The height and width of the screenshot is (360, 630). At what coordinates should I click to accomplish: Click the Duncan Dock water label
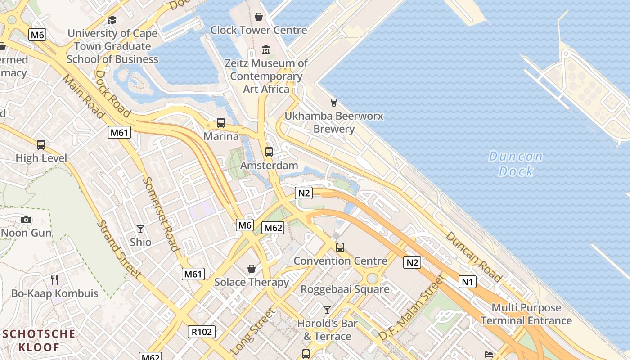pos(515,164)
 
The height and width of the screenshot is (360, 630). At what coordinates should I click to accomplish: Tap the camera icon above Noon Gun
pos(26,220)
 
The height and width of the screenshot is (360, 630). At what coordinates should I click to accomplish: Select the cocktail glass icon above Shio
pos(140,229)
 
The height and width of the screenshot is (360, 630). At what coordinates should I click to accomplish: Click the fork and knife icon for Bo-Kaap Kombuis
pos(54,280)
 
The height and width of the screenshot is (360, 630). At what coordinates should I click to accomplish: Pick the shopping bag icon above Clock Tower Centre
pos(259,17)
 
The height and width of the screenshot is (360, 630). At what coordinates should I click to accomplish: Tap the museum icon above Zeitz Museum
pos(265,49)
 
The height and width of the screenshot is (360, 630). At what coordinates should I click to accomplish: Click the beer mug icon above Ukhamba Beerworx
pos(333,103)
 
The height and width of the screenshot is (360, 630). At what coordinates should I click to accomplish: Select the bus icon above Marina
pos(220,122)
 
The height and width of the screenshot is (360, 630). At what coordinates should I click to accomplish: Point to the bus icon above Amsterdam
pos(269,152)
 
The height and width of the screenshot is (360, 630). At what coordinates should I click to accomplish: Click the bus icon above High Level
pos(41,145)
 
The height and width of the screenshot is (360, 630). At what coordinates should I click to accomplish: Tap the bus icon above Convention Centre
pos(340,247)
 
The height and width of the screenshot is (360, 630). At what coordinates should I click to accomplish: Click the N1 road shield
pos(467,282)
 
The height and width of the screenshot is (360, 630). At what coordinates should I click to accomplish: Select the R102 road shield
pos(201,332)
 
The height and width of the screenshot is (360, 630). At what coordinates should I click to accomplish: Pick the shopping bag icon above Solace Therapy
pos(252,269)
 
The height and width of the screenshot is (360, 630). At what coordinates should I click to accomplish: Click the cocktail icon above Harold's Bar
pos(327,310)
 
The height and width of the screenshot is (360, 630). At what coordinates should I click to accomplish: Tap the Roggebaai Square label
pos(345,289)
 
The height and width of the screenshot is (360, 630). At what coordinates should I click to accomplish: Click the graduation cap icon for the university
pos(112,20)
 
